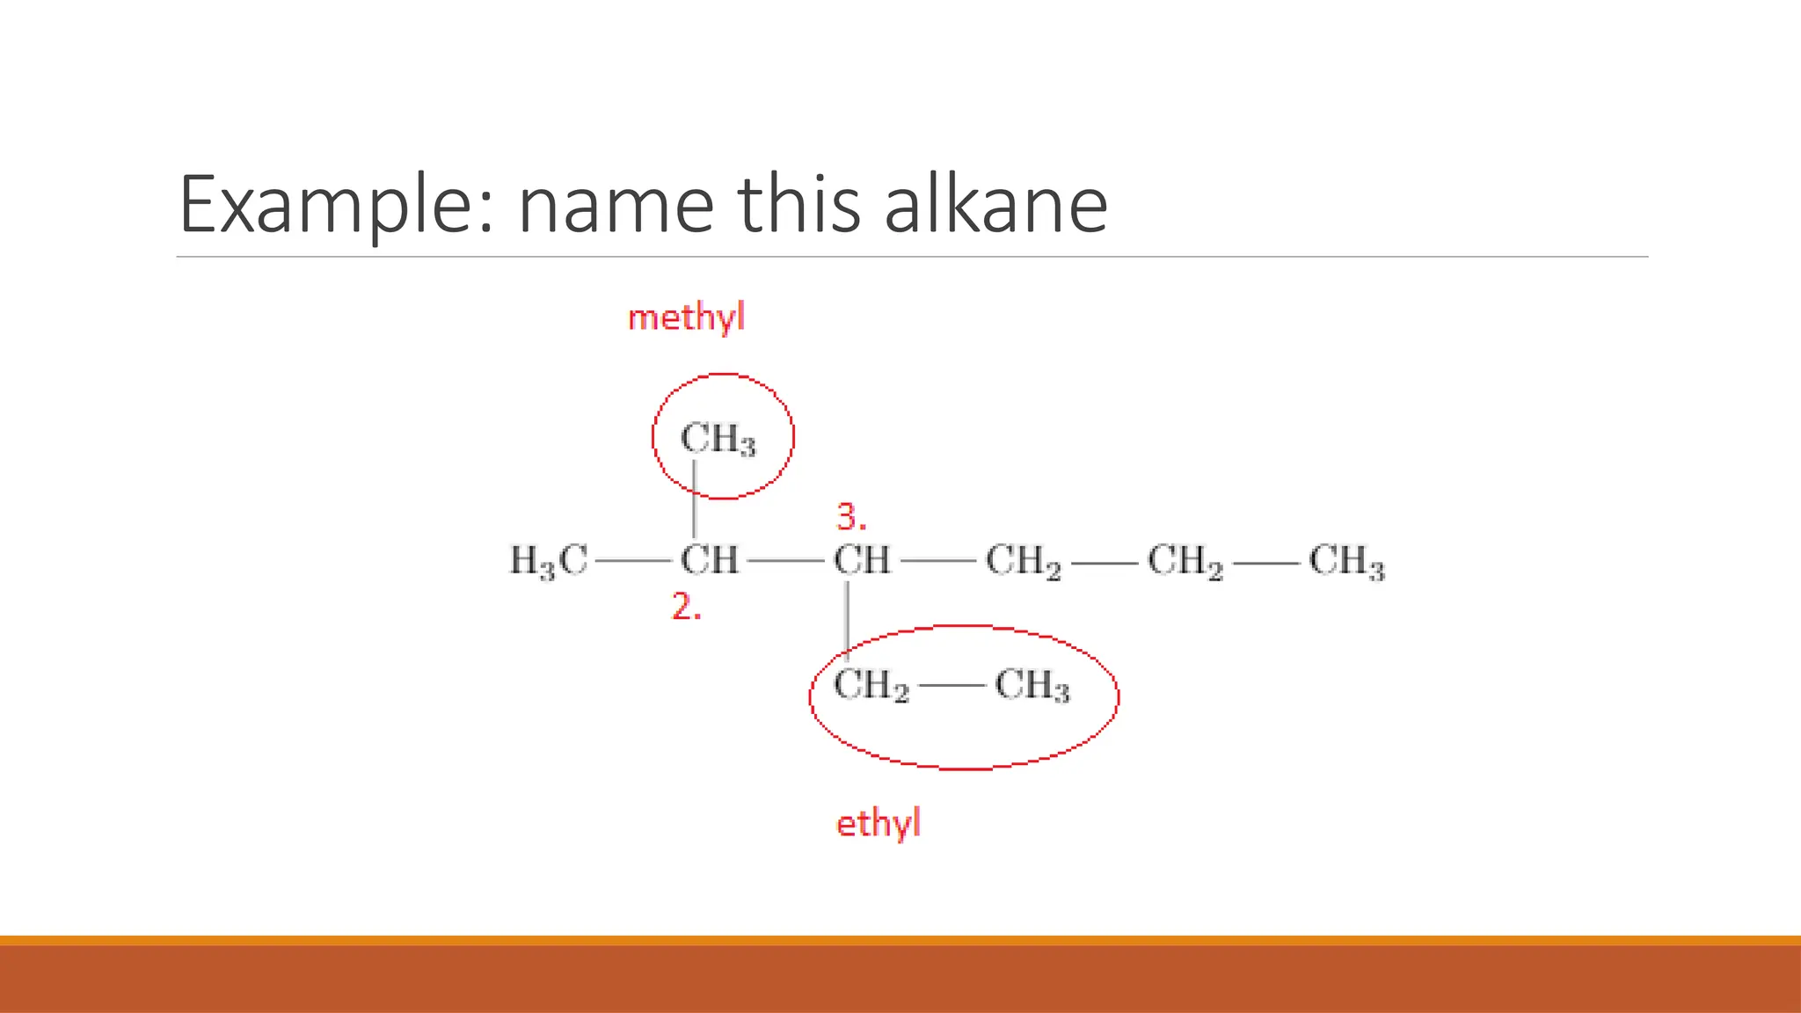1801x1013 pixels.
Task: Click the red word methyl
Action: pos(686,317)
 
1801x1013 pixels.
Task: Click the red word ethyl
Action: pos(878,824)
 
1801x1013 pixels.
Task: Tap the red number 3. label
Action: pos(850,517)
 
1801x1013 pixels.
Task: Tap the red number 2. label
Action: pos(686,607)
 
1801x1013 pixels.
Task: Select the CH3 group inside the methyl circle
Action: pos(718,439)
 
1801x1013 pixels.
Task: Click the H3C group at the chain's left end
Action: pos(549,561)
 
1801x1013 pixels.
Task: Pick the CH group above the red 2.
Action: pos(709,560)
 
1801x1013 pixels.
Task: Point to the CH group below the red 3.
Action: pos(862,560)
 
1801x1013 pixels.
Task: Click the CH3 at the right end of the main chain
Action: pos(1346,561)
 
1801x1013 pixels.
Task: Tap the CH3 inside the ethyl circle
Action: pos(1032,686)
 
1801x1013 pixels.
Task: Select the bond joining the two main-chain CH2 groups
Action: pos(1104,561)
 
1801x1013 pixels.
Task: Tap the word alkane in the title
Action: pos(995,204)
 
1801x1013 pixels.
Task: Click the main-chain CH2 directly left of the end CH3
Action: pos(1185,561)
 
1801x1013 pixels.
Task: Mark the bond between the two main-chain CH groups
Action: pos(785,560)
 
